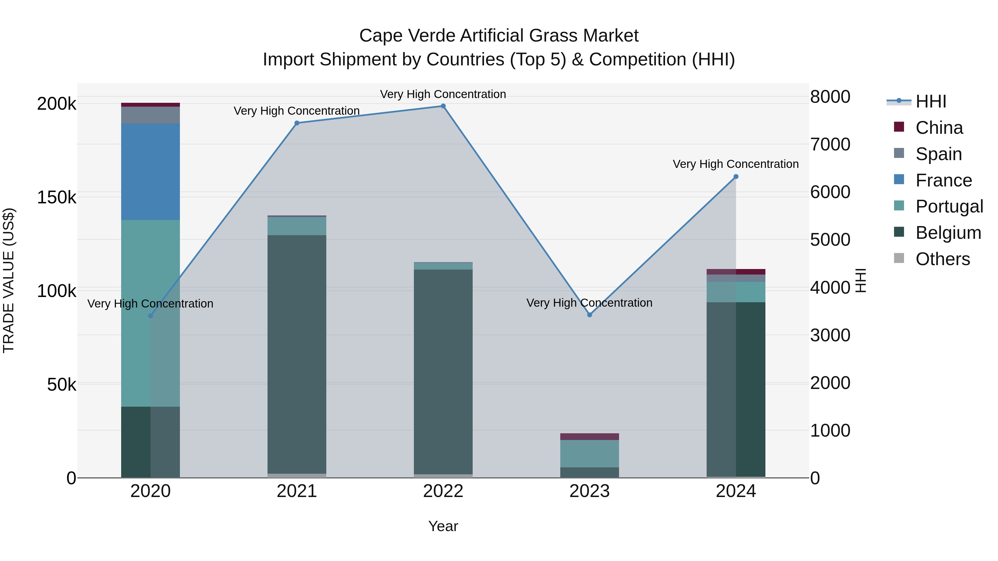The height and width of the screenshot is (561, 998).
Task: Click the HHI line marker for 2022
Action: click(x=443, y=106)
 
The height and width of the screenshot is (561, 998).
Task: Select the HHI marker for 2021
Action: click(x=297, y=123)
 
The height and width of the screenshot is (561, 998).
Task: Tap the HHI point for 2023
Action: click(x=590, y=315)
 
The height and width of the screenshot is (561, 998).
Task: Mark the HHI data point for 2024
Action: click(x=736, y=176)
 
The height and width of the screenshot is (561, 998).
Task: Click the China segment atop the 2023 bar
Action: click(x=590, y=437)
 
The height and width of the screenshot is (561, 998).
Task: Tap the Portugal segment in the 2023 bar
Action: click(x=590, y=454)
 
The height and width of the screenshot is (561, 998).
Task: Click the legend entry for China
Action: click(x=939, y=128)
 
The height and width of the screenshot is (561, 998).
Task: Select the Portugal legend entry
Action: click(x=949, y=206)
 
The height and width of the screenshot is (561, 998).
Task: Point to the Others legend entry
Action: click(x=942, y=259)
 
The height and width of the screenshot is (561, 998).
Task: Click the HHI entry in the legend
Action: click(x=931, y=101)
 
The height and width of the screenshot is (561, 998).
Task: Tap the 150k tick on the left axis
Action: click(x=57, y=198)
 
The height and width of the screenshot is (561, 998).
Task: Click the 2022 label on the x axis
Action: click(x=443, y=491)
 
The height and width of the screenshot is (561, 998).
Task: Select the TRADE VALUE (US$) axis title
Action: click(x=9, y=280)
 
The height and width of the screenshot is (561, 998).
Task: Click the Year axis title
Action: click(x=443, y=526)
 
